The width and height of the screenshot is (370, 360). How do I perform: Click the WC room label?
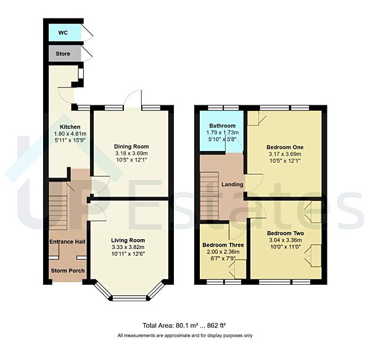pos(62,31)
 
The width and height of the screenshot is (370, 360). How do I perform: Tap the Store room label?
pos(62,54)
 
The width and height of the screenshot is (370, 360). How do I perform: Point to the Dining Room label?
pos(131,146)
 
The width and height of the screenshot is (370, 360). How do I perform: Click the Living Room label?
pos(128,240)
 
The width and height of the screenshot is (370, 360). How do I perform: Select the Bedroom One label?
pos(284,147)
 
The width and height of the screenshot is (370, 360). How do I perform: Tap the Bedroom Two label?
pos(284,233)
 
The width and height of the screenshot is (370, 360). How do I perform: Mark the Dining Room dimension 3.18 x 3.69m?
pos(131,153)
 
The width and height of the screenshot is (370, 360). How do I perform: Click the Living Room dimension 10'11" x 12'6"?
pos(128,254)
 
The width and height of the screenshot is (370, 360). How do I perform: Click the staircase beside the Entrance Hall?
pos(57,203)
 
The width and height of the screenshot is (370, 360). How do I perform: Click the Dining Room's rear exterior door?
pos(133,100)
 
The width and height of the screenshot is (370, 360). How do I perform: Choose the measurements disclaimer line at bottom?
pos(185,335)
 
